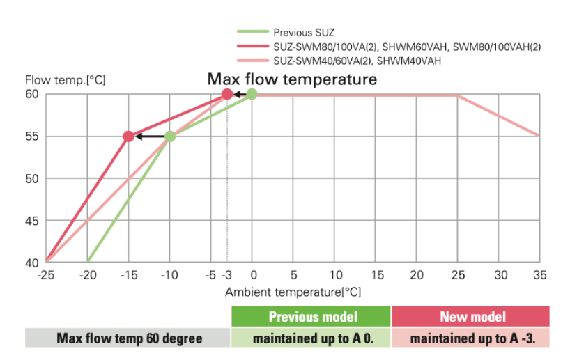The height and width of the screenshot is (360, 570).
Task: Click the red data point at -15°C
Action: (x=128, y=136)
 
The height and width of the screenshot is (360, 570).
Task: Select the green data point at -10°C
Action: (x=169, y=136)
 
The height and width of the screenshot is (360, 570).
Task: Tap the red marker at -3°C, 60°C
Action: (x=226, y=94)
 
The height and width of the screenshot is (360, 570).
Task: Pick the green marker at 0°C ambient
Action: (x=252, y=94)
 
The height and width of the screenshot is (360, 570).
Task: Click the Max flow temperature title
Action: (x=292, y=79)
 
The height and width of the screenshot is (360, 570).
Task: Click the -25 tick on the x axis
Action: (x=45, y=275)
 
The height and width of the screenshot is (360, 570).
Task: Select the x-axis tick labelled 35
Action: (x=539, y=275)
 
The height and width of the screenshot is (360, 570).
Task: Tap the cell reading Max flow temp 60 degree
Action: (x=128, y=339)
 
